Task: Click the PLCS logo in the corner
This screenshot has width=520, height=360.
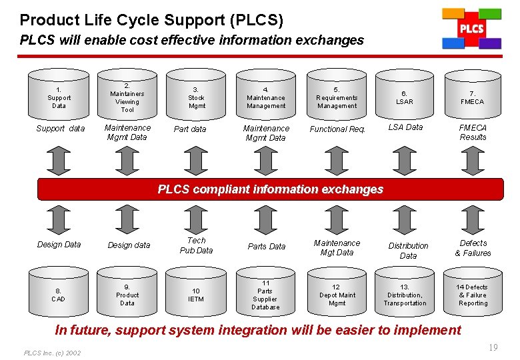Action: point(471,29)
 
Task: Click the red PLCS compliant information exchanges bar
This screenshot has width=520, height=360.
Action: point(270,189)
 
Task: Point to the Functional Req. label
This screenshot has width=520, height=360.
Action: point(337,129)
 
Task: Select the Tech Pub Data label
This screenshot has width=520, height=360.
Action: point(196,245)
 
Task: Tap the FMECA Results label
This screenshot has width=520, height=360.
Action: point(473,132)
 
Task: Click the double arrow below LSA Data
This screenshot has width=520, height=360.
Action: point(405,161)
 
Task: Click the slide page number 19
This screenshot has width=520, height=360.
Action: point(493,347)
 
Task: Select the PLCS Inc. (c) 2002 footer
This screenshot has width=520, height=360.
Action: point(52,353)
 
